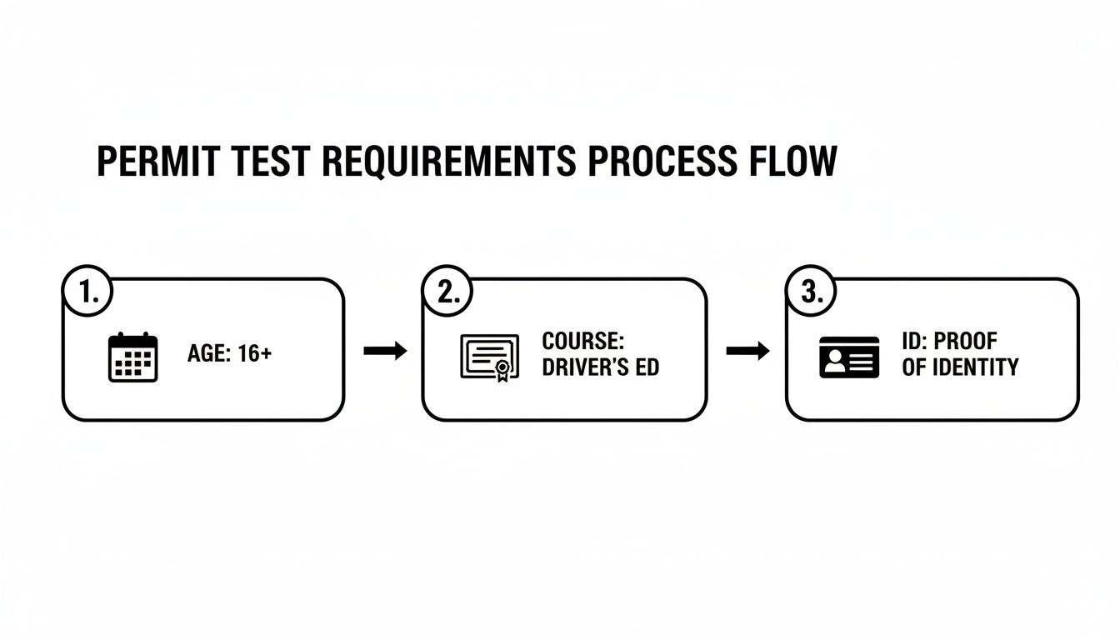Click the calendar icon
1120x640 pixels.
point(133,357)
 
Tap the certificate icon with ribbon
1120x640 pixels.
point(489,357)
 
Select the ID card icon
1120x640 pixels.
point(849,357)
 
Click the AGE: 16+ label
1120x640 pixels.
point(230,353)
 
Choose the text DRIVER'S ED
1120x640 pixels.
point(600,367)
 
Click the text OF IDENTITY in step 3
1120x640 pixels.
point(960,367)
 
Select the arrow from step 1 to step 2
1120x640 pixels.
point(385,351)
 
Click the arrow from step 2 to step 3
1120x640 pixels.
point(747,351)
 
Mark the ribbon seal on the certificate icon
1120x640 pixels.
point(502,369)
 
